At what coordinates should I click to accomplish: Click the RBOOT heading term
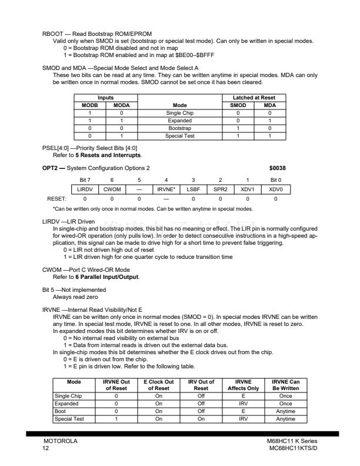pyautogui.click(x=52, y=35)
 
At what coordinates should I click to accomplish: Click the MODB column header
pyautogui.click(x=90, y=105)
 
